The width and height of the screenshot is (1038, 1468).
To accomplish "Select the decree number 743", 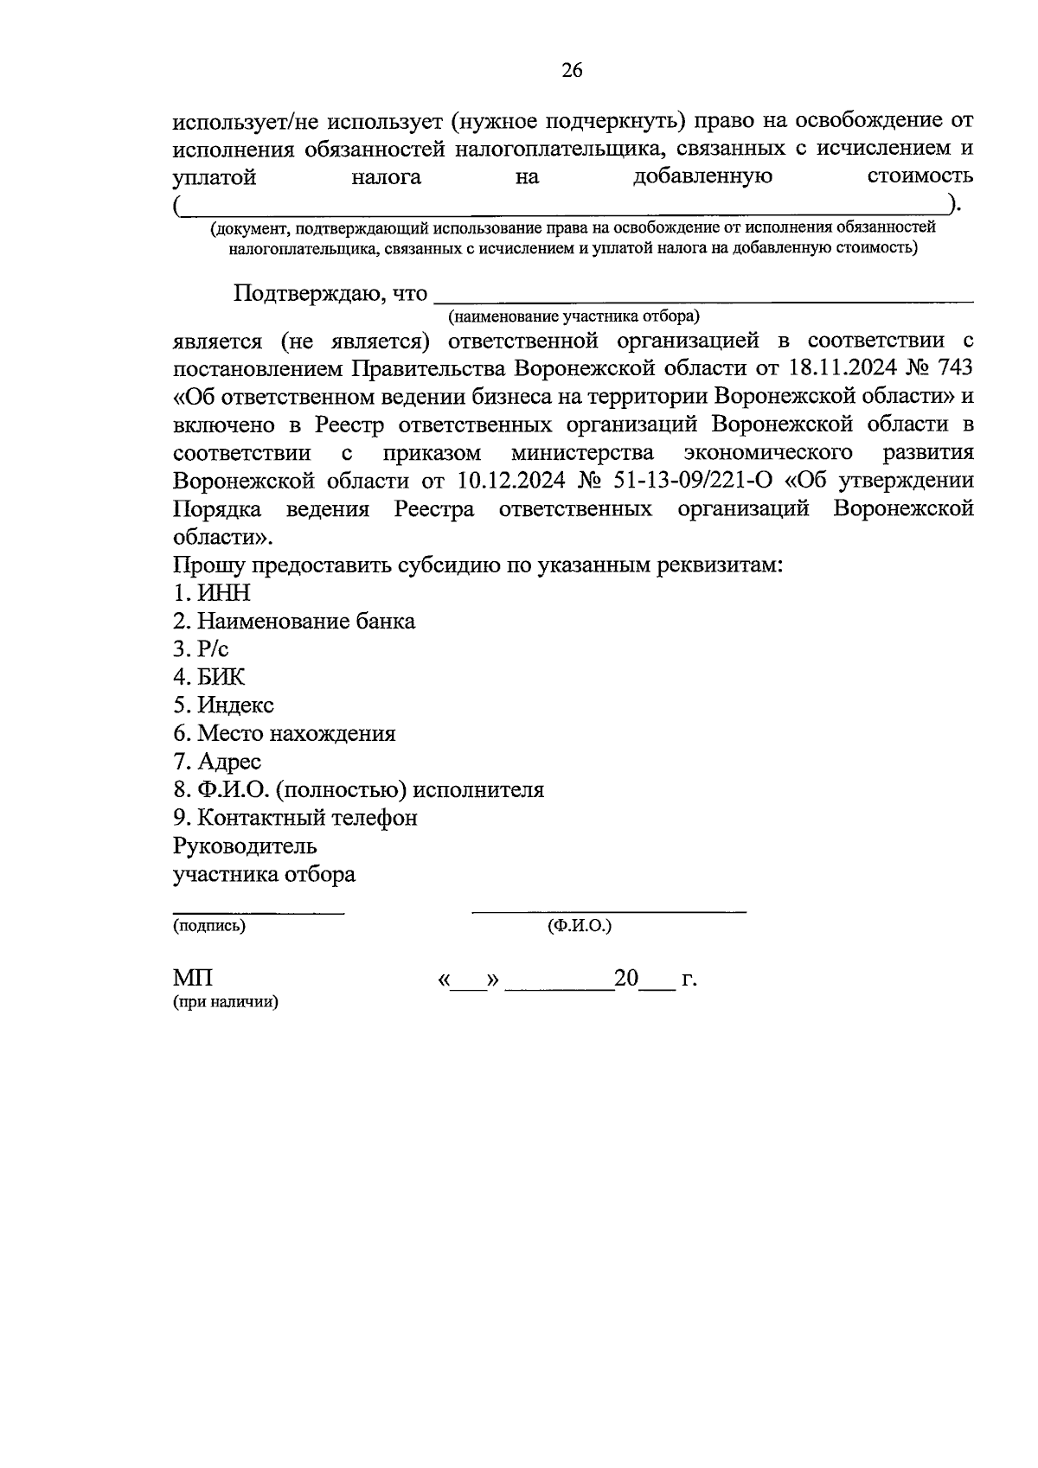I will [952, 368].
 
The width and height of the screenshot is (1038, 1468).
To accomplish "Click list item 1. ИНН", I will [212, 593].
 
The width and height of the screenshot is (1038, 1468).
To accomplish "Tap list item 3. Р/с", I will [201, 649].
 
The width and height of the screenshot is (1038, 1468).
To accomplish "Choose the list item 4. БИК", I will [209, 677].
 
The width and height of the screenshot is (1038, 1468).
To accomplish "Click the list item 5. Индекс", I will [223, 705].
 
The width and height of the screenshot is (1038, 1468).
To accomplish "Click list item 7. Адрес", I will [217, 762].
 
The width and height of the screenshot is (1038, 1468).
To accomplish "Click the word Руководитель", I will [245, 846].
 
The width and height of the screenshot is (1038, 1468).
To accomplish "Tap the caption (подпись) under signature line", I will [209, 926].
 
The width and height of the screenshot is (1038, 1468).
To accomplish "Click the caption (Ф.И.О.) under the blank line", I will [579, 926].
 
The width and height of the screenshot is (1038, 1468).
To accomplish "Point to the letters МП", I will [193, 979].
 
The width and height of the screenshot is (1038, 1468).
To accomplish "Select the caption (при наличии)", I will [226, 1003].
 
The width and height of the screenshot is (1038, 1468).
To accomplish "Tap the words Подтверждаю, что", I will [330, 294].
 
